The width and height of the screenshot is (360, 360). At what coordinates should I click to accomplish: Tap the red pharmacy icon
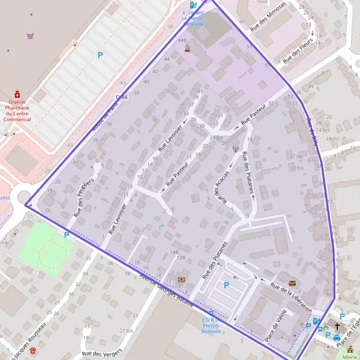(17, 94)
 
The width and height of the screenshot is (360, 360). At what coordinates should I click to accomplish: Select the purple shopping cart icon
(30, 36)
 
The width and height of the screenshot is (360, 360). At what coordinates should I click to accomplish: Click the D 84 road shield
(122, 97)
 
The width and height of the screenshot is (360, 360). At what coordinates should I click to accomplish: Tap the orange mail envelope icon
(292, 283)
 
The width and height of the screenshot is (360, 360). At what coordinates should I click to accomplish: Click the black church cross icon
(337, 326)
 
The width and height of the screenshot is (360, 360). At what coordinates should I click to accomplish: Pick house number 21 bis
(126, 331)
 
